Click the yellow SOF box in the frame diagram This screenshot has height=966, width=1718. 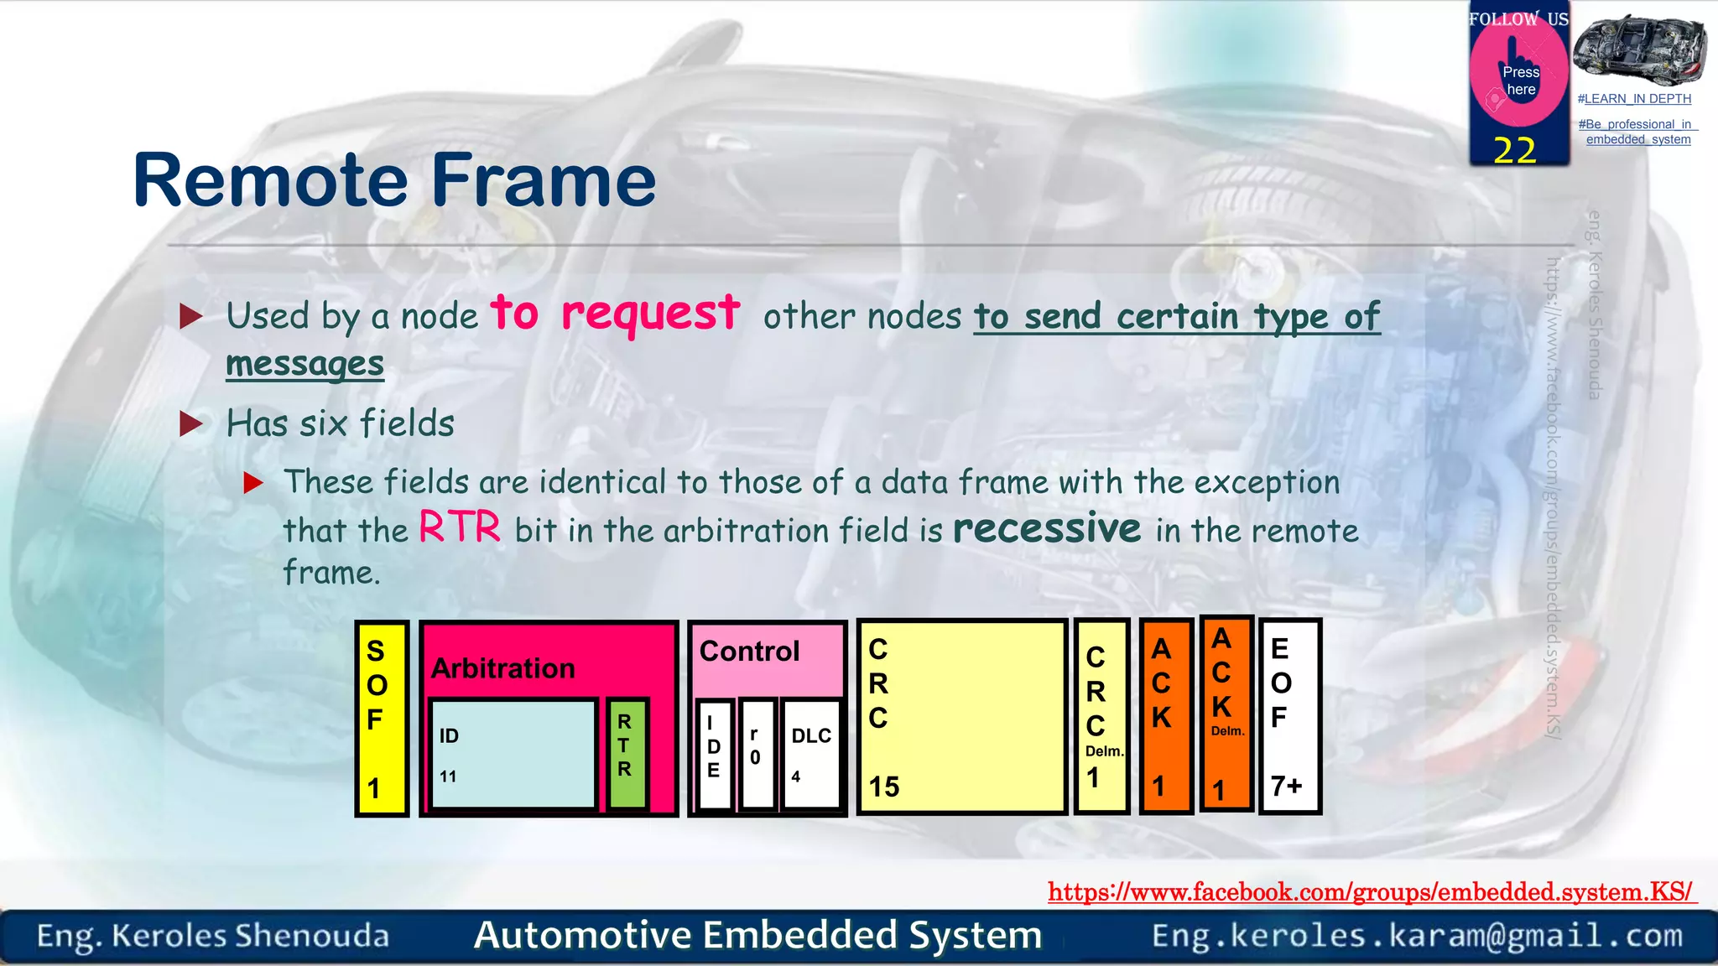[382, 718]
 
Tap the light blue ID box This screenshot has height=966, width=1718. [513, 754]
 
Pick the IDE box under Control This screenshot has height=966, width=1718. [715, 753]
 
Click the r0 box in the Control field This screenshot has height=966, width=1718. [757, 753]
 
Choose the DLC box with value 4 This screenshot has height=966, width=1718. [810, 753]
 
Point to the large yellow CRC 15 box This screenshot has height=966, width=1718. [961, 718]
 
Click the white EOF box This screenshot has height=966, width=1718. [1290, 718]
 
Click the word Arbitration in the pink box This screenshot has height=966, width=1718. [503, 668]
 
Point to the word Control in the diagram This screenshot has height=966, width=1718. [749, 652]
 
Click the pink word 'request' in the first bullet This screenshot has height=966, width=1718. [651, 314]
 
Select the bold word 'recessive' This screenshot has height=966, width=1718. [1047, 528]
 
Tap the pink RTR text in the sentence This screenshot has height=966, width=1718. [460, 528]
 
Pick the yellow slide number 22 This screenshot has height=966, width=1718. [1514, 150]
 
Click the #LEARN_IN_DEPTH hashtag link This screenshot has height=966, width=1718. [1634, 99]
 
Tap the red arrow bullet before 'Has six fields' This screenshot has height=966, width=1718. [191, 424]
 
